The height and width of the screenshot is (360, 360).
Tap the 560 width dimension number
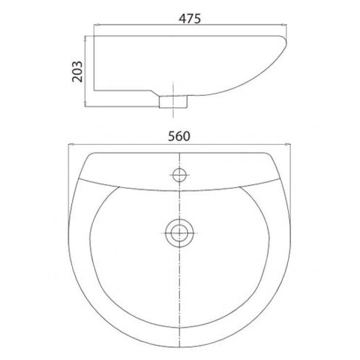click(178, 137)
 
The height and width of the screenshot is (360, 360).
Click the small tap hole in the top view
click(180, 173)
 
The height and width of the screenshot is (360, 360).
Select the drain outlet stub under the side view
click(174, 101)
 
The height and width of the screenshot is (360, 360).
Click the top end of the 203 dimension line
click(86, 36)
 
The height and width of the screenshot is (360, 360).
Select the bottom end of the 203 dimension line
click(86, 105)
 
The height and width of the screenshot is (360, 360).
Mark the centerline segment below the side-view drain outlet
click(174, 114)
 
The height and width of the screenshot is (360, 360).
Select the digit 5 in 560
click(171, 137)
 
